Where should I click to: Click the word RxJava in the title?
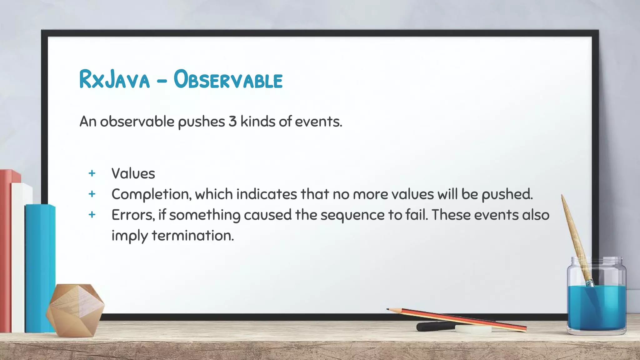click(x=114, y=80)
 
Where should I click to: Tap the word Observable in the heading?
click(x=228, y=80)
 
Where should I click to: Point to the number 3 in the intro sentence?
click(x=232, y=122)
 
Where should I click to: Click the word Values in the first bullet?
click(x=133, y=174)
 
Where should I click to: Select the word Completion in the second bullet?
click(x=151, y=195)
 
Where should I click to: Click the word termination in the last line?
click(x=193, y=236)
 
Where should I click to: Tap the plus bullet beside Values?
click(x=92, y=173)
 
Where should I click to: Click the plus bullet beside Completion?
click(x=92, y=194)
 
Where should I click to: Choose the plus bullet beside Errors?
click(x=92, y=215)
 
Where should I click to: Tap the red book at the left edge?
click(x=6, y=250)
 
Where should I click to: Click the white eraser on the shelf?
click(x=473, y=328)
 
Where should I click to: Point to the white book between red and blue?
click(x=18, y=256)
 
